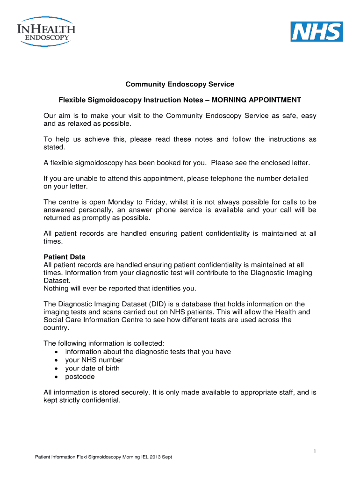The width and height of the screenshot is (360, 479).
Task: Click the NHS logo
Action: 317,31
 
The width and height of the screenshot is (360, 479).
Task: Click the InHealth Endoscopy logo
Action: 46,32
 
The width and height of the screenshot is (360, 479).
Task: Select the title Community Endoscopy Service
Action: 180,84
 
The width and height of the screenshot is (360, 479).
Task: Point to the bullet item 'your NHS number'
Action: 94,360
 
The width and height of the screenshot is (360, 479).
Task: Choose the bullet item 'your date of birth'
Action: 92,368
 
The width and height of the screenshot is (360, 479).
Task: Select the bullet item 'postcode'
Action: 79,377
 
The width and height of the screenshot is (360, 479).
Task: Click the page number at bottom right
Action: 315,450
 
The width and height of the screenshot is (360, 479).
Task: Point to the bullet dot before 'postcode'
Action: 57,377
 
